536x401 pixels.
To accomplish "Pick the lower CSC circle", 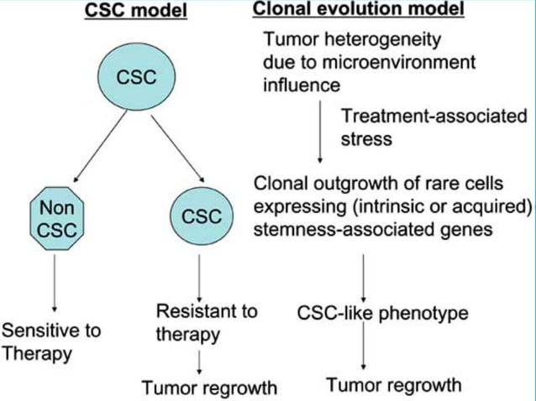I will pyautogui.click(x=201, y=216).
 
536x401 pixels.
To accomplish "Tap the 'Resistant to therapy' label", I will pyautogui.click(x=206, y=323).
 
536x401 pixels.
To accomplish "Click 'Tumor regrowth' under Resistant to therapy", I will pyautogui.click(x=208, y=388).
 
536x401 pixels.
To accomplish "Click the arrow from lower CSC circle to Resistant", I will pyautogui.click(x=200, y=273).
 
